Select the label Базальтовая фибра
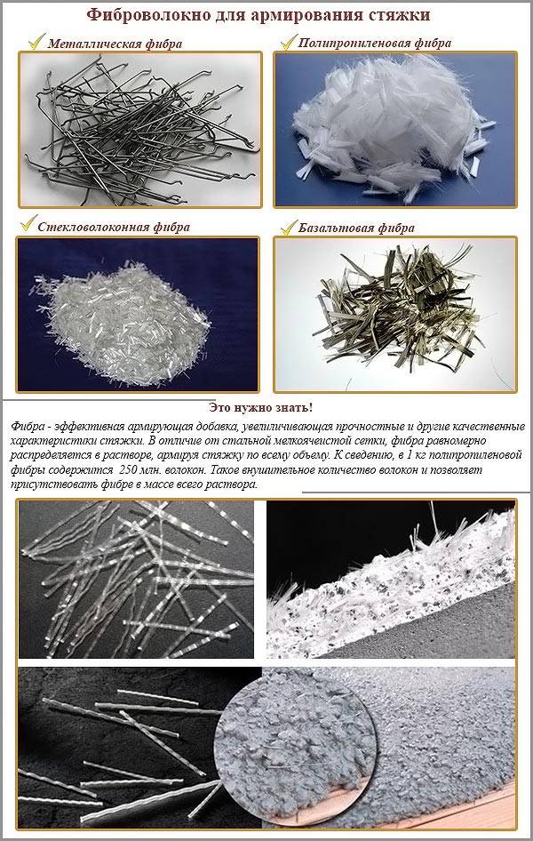(x=358, y=228)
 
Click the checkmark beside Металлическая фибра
(x=35, y=41)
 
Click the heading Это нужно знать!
(x=260, y=406)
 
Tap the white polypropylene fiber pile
(x=395, y=124)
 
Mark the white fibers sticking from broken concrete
(x=391, y=569)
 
